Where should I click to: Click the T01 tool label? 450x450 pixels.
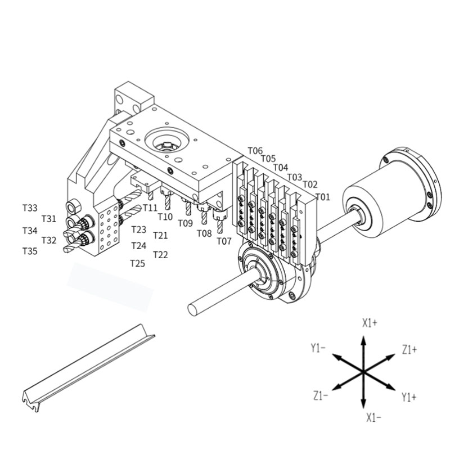coord(323,197)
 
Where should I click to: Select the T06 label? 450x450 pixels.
coord(255,150)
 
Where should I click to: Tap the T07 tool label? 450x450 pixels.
coord(224,241)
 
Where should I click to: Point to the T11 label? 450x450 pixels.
coord(150,208)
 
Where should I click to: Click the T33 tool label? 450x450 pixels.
coord(30,208)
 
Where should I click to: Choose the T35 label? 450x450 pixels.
coord(30,251)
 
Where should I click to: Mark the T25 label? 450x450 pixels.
coord(138,263)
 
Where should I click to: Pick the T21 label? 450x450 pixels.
coord(160,235)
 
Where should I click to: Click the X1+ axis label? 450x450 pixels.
coord(370,323)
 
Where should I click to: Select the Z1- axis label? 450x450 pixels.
coord(321,397)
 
